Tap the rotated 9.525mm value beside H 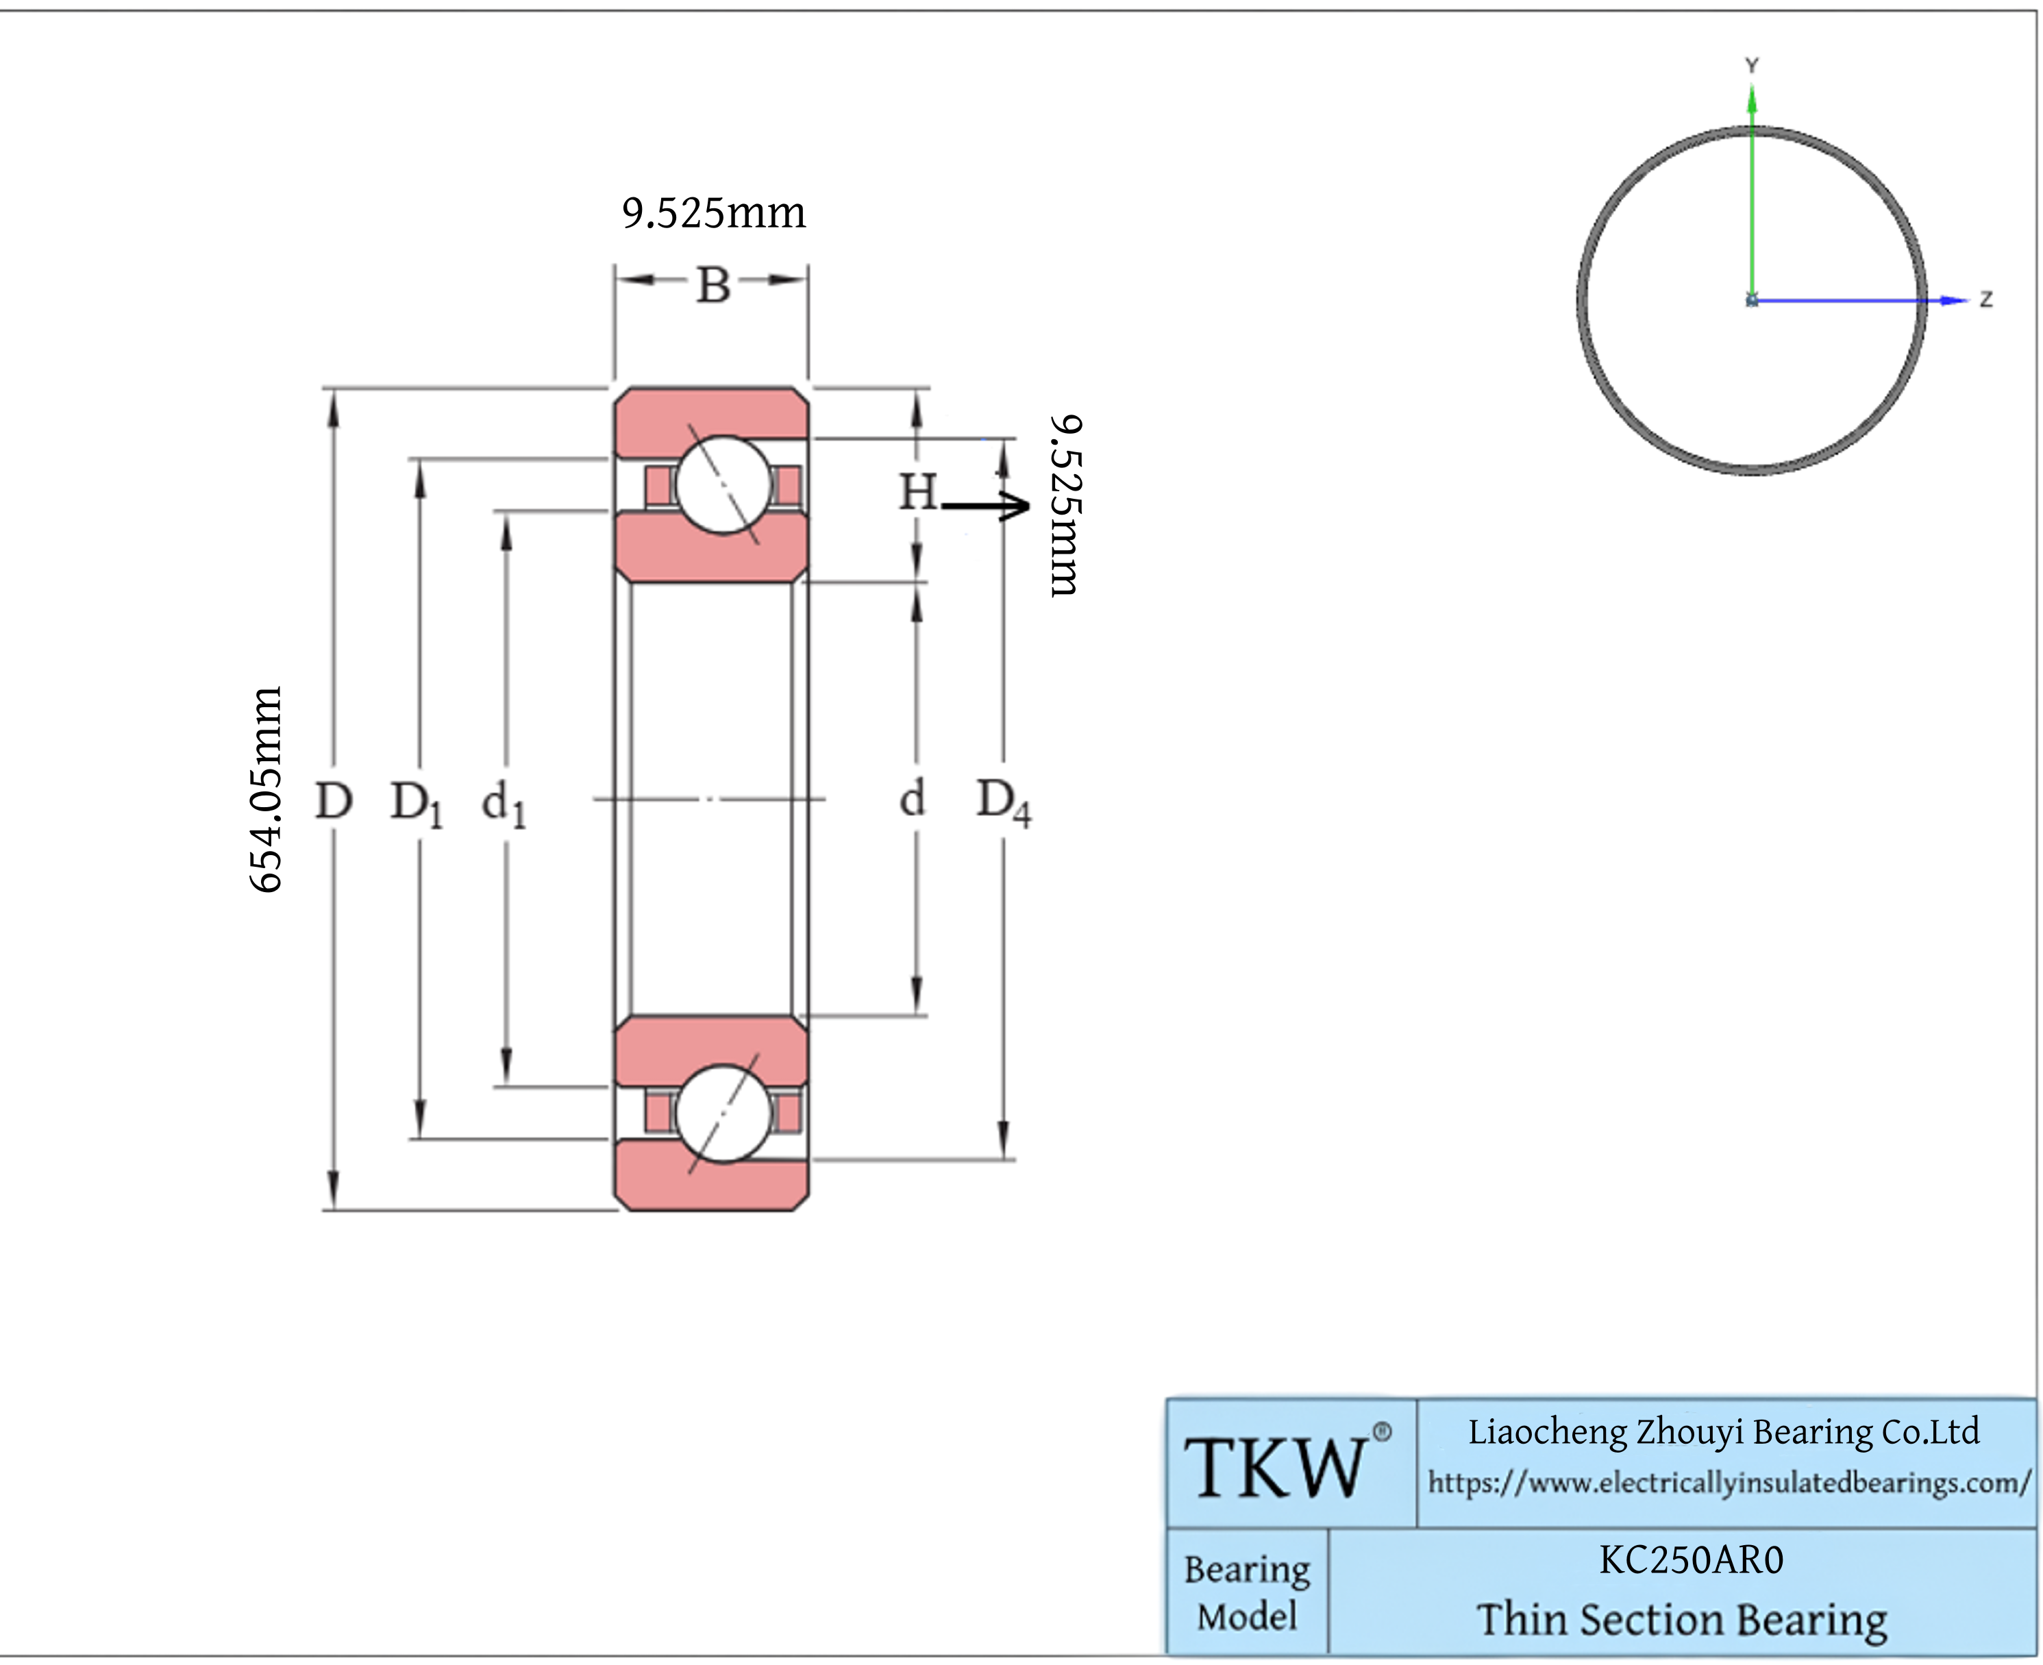click(1065, 506)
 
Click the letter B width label click(713, 285)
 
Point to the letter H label click(917, 492)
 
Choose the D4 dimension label click(1003, 802)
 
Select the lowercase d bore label click(912, 798)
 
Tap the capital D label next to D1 click(334, 800)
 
